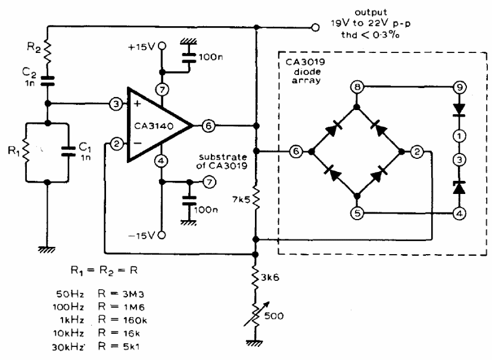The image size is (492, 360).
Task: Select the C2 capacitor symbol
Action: (48, 81)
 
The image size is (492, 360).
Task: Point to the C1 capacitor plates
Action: (68, 151)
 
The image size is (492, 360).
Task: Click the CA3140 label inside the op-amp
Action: (154, 126)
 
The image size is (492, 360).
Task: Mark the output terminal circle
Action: (315, 27)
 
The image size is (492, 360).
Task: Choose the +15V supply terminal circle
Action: (161, 46)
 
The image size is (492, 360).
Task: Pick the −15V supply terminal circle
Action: (161, 235)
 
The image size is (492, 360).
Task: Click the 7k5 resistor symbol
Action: (256, 198)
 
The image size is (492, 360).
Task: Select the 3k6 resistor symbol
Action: (256, 276)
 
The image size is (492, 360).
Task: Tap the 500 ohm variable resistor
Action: (256, 315)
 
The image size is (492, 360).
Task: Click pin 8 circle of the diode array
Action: (357, 87)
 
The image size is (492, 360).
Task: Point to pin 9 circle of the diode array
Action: (459, 87)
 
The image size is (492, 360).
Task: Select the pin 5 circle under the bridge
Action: (357, 214)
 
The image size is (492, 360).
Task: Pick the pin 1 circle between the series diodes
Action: (459, 136)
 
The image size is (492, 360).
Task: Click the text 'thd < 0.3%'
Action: (370, 35)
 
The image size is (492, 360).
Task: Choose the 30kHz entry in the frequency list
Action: (68, 347)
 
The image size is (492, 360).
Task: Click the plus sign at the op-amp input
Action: (137, 104)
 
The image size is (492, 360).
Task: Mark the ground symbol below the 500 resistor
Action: (256, 343)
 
